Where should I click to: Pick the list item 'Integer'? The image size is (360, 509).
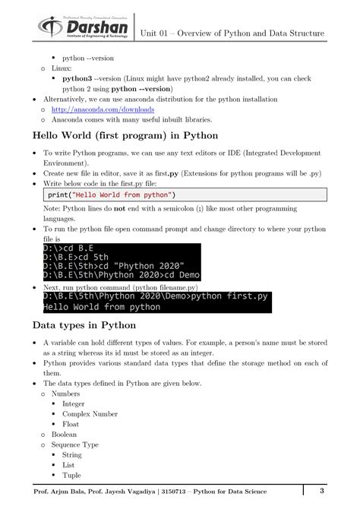click(x=74, y=404)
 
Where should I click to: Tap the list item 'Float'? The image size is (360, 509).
click(x=70, y=424)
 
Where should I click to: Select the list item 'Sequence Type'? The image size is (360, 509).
click(x=74, y=444)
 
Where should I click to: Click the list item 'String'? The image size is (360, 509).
click(x=71, y=454)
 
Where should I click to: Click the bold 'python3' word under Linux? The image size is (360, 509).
click(x=77, y=78)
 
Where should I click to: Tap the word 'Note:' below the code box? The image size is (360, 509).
click(x=52, y=209)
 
